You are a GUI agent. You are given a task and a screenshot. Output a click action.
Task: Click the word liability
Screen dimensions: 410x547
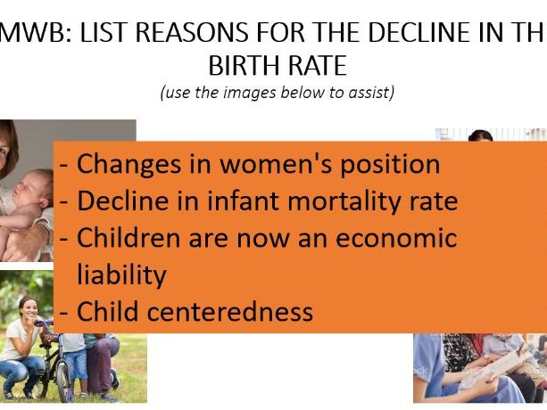[121, 275]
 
